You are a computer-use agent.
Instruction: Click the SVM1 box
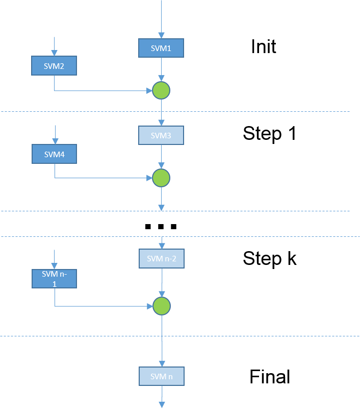(x=161, y=48)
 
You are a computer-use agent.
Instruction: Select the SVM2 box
(x=54, y=66)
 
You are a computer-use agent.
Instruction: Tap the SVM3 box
(x=161, y=135)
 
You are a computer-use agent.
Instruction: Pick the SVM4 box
(x=54, y=154)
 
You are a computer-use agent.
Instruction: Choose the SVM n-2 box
(x=162, y=259)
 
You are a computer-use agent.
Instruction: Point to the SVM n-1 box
(x=54, y=278)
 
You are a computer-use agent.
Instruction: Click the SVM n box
(x=162, y=376)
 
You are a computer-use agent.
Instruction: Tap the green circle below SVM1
(x=161, y=91)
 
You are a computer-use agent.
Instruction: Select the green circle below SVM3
(x=161, y=178)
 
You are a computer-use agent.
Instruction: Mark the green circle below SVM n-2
(x=162, y=306)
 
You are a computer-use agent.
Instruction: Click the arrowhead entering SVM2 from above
(x=55, y=53)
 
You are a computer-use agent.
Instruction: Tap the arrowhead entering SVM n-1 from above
(x=55, y=266)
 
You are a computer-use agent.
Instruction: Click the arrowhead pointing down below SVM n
(x=162, y=405)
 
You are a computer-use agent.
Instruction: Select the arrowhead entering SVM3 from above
(x=161, y=123)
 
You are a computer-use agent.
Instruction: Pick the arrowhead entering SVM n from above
(x=162, y=363)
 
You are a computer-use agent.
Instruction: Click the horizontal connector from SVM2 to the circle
(x=102, y=91)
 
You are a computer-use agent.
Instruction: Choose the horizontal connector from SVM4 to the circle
(x=102, y=178)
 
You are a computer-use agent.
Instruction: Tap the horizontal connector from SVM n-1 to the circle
(x=102, y=306)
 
